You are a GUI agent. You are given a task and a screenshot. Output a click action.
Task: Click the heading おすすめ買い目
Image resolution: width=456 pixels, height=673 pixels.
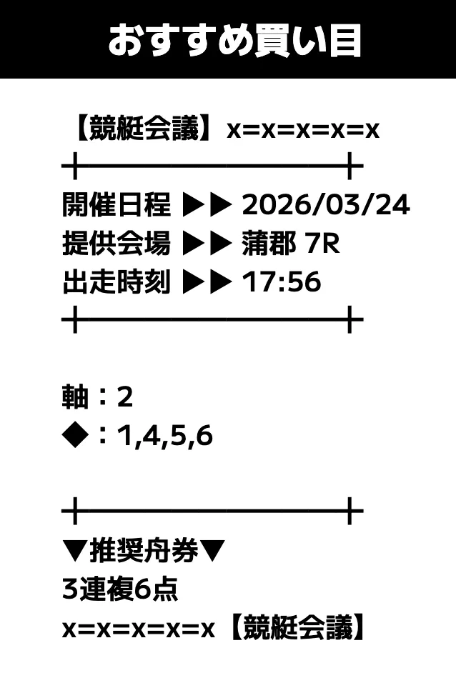tap(234, 40)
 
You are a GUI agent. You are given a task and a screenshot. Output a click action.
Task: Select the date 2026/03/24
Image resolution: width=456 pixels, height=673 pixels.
tap(326, 204)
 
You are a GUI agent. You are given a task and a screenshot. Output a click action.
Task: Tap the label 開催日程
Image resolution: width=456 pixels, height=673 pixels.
tap(117, 204)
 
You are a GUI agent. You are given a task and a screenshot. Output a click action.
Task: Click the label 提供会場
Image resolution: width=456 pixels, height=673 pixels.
tap(117, 243)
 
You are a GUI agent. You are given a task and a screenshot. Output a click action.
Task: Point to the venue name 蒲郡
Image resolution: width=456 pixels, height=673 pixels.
tap(269, 243)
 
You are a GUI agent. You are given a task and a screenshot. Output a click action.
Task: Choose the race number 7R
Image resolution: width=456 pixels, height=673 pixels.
tap(322, 244)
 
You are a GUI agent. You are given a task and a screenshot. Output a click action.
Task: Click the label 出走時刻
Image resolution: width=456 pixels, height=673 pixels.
tap(117, 281)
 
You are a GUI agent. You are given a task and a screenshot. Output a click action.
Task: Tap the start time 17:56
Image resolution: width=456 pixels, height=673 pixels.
tap(282, 282)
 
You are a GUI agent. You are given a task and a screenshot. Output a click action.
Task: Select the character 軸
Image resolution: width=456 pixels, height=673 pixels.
tap(76, 397)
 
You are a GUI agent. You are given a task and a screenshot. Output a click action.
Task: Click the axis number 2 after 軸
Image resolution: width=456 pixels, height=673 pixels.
tap(124, 397)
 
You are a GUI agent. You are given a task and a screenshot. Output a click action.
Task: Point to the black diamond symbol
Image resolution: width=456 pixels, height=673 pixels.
tap(76, 436)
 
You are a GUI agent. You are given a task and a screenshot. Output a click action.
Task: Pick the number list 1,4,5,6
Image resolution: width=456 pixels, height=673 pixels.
tap(165, 437)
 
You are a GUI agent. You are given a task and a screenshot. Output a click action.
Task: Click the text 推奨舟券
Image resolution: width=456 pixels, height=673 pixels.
tap(144, 551)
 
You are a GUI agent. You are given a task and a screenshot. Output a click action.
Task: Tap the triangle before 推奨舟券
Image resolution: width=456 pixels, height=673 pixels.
tap(76, 551)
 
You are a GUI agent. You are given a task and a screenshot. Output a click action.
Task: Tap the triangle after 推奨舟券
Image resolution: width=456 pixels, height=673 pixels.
tap(212, 551)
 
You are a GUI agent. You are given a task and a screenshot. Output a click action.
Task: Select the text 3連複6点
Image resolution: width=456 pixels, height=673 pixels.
tap(120, 589)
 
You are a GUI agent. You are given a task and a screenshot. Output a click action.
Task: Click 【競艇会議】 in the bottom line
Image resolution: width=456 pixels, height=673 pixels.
tap(297, 627)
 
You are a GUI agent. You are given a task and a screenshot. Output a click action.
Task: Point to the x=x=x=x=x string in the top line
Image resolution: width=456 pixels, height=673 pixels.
tap(303, 130)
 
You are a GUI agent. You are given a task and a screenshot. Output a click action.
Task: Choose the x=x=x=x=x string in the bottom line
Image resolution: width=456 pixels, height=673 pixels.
tap(138, 629)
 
